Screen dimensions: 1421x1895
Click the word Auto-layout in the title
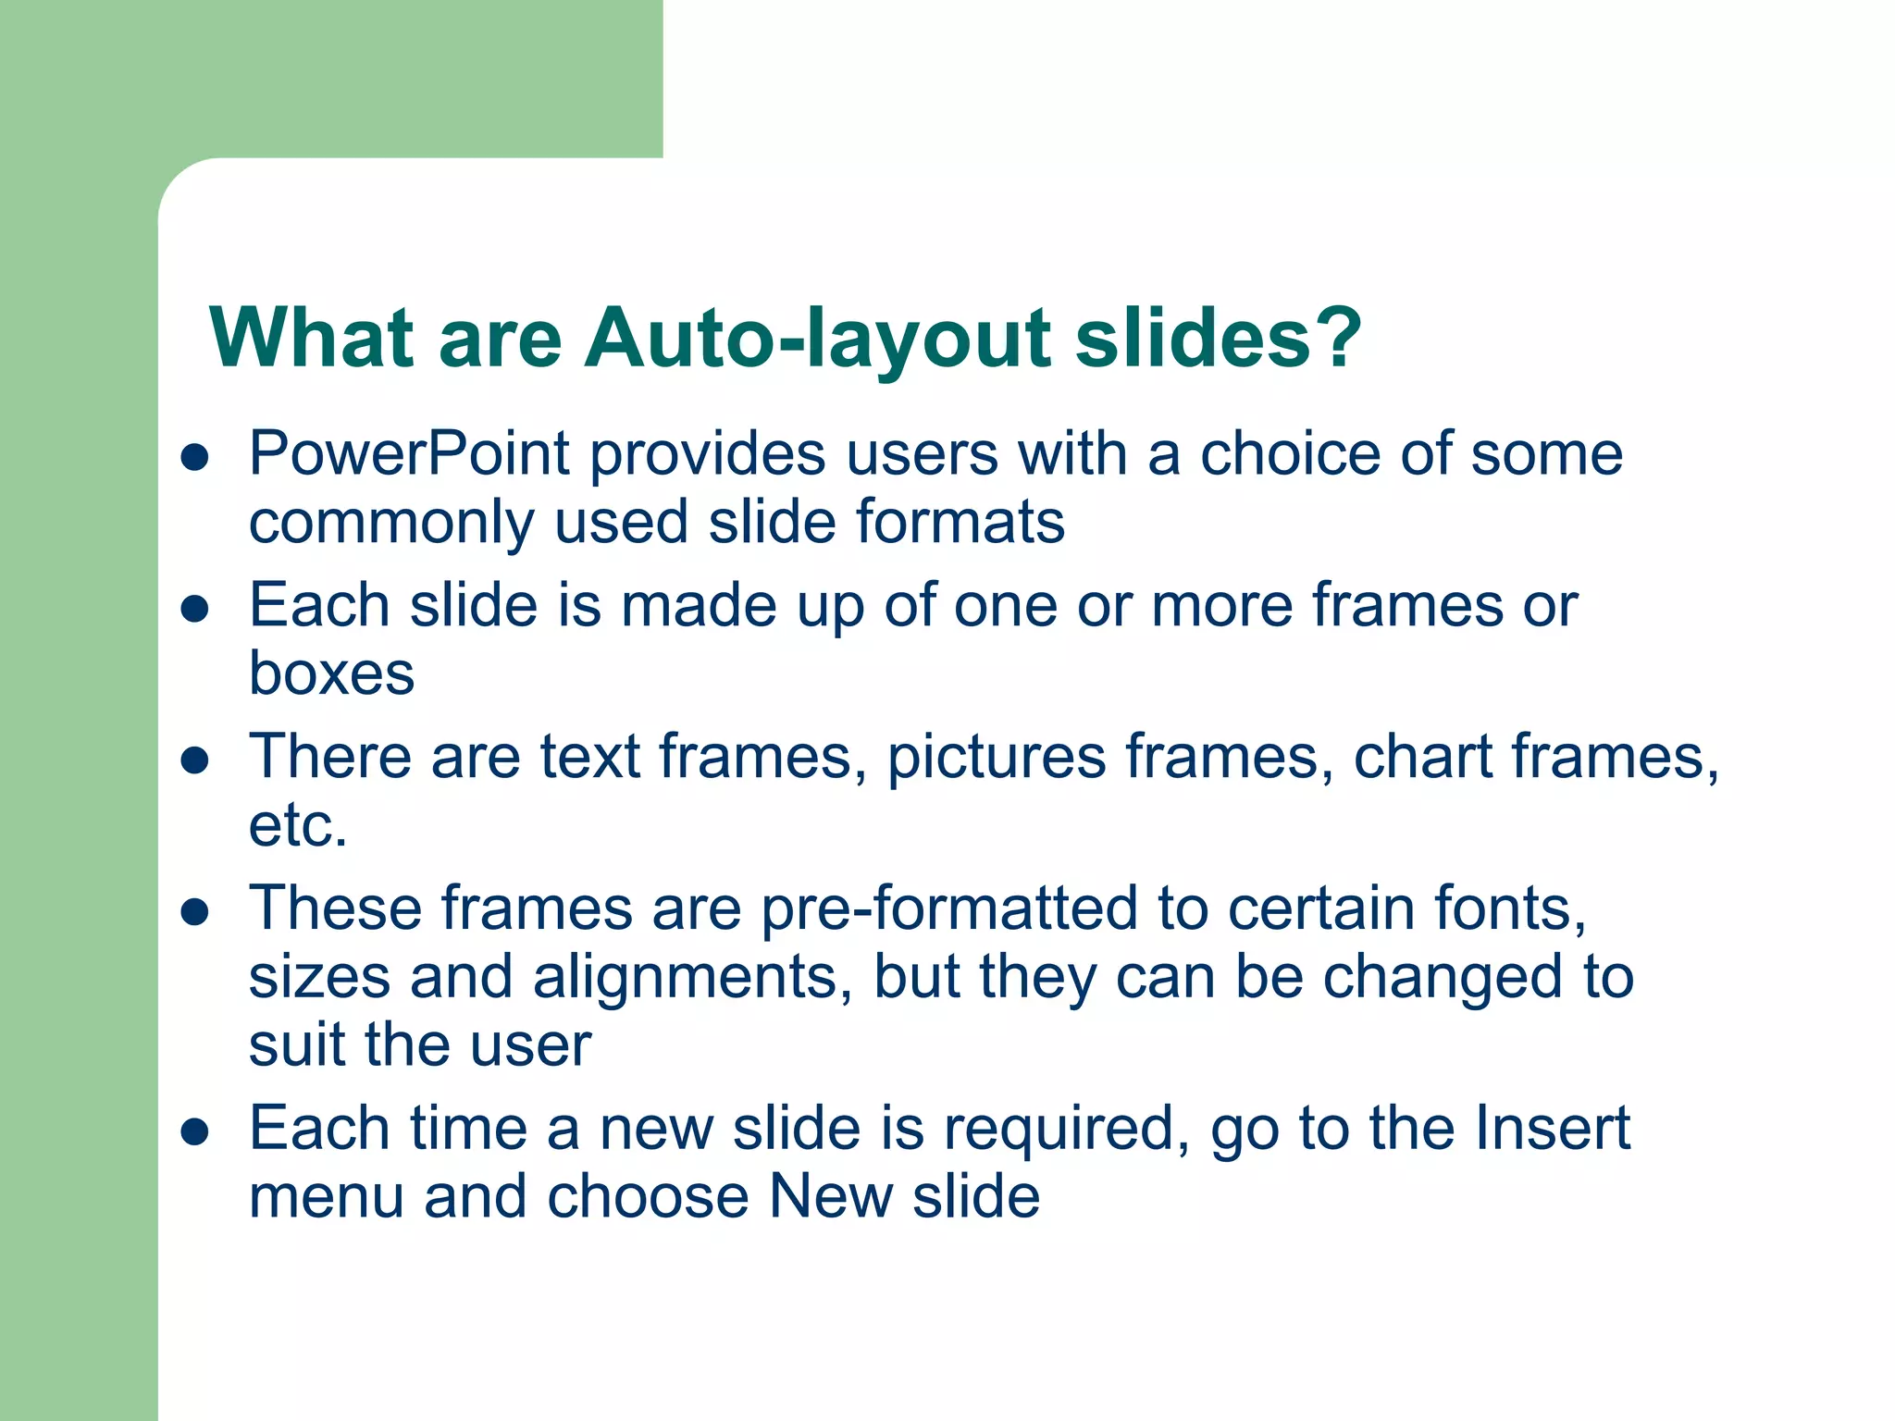(x=818, y=340)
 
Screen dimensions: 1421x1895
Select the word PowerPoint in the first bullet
(x=409, y=454)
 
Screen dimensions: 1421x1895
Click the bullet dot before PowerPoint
(x=195, y=457)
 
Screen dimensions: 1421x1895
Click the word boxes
(x=331, y=673)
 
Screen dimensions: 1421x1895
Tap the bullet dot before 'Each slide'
(x=195, y=609)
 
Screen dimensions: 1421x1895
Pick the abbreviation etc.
(x=298, y=825)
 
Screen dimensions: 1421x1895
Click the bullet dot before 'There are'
(x=195, y=760)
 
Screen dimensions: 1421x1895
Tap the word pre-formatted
(x=949, y=910)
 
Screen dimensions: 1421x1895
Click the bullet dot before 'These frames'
(x=195, y=912)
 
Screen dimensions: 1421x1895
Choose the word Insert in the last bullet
(x=1552, y=1129)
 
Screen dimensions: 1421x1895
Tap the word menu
(x=327, y=1197)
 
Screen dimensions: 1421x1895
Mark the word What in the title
(x=311, y=338)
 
